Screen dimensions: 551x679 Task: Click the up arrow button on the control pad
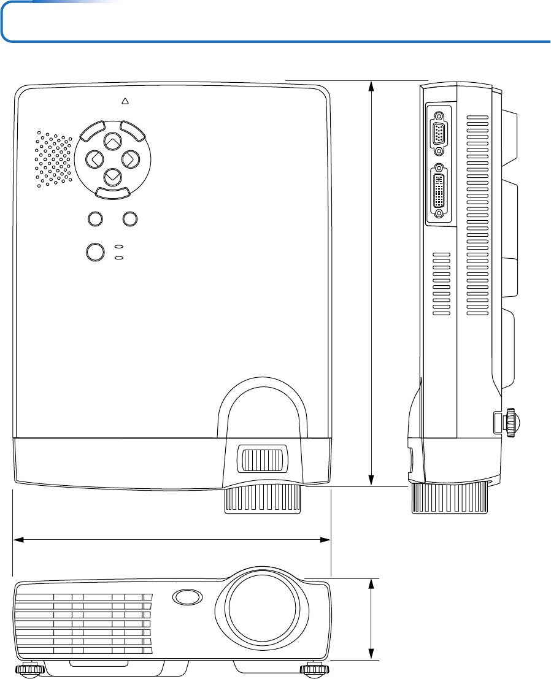tap(112, 142)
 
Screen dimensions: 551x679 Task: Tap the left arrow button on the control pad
tap(94, 159)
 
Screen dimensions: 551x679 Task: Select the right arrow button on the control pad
tap(129, 159)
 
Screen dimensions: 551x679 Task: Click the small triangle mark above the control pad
tap(125, 101)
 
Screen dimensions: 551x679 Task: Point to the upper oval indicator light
tap(119, 247)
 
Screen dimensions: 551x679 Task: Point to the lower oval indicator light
tap(119, 258)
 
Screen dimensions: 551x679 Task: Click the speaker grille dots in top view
tap(53, 159)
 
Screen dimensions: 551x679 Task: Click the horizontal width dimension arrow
tap(172, 540)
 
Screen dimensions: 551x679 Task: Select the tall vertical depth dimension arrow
tap(371, 283)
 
